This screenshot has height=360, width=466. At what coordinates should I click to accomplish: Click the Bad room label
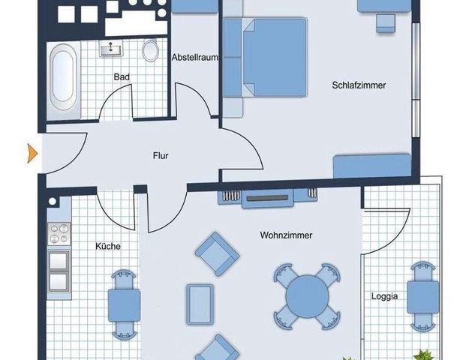click(x=121, y=76)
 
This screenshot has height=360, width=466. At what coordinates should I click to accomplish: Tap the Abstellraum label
click(x=194, y=58)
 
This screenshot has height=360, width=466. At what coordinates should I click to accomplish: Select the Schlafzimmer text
click(x=359, y=85)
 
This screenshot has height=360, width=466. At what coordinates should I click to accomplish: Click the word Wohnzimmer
click(x=286, y=235)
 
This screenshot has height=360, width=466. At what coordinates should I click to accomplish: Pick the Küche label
click(x=107, y=246)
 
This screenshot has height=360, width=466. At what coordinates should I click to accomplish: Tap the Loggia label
click(x=384, y=295)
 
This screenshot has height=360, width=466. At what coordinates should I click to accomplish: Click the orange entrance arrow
click(x=32, y=153)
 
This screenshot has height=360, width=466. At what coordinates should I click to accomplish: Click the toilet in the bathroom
click(x=151, y=51)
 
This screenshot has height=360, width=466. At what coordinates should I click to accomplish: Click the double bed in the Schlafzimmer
click(x=270, y=58)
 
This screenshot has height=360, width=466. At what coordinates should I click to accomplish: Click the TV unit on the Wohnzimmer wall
click(x=266, y=198)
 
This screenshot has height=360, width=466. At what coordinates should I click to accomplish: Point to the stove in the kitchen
click(x=58, y=233)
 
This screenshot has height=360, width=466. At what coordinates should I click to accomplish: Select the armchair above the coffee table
click(x=217, y=253)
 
